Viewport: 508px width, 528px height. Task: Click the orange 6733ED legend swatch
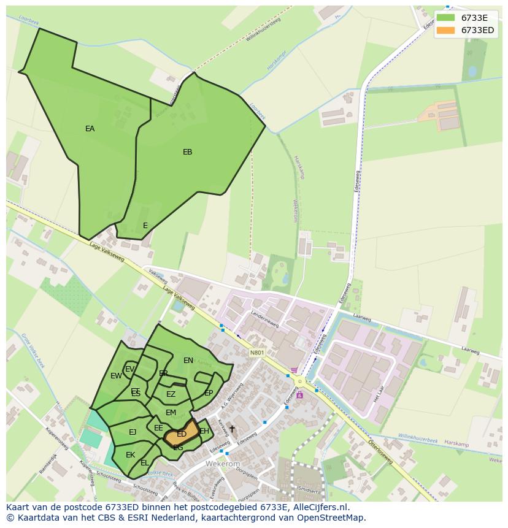click(x=446, y=30)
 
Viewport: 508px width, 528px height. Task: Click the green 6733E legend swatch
click(x=446, y=17)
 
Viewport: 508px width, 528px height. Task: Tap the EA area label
click(x=90, y=129)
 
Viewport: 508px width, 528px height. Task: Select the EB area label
click(x=187, y=152)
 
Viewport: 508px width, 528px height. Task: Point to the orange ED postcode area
click(x=182, y=434)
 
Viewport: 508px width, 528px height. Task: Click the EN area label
click(x=188, y=361)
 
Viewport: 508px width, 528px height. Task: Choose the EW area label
click(x=116, y=376)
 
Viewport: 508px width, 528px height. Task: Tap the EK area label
click(x=130, y=455)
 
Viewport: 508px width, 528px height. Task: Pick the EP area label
click(x=209, y=393)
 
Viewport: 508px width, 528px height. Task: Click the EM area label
click(x=171, y=413)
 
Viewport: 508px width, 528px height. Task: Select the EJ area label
click(x=133, y=432)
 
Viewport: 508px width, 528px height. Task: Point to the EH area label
click(x=204, y=431)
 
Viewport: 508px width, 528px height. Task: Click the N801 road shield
click(x=257, y=353)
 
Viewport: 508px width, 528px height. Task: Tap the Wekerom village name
click(x=223, y=465)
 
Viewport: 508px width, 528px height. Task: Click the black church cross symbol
click(x=232, y=429)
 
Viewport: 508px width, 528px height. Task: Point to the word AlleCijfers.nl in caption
click(x=319, y=507)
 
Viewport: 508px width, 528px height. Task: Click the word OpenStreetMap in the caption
click(x=333, y=518)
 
